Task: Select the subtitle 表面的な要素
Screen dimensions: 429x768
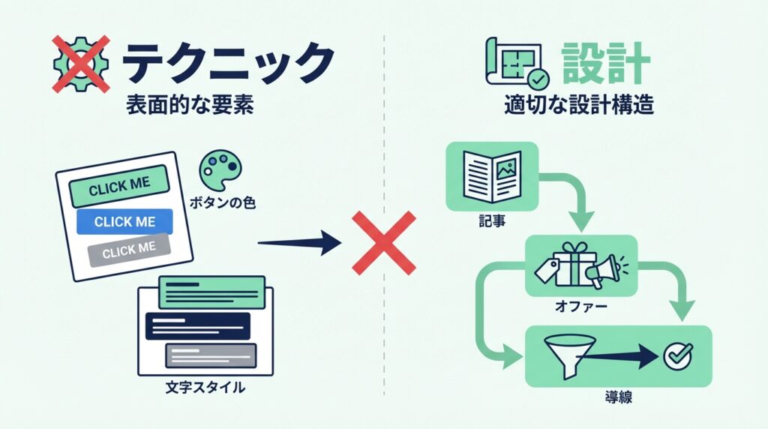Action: pos(190,106)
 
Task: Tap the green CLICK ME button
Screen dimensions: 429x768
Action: pos(119,185)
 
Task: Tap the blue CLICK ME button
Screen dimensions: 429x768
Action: pos(124,222)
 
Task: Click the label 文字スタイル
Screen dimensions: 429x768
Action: pos(205,389)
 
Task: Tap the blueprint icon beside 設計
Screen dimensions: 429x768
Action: pos(515,64)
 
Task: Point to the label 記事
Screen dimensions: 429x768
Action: pos(490,222)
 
